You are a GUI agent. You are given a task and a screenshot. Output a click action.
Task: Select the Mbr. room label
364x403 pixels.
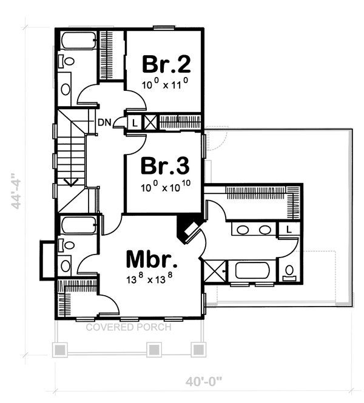152,259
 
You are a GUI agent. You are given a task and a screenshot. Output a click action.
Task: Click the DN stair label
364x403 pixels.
104,122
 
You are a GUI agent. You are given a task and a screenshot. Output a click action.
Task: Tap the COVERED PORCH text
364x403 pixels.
128,327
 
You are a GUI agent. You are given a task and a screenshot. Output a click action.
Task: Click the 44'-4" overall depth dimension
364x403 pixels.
19,191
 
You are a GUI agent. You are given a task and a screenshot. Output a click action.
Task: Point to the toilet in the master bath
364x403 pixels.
290,271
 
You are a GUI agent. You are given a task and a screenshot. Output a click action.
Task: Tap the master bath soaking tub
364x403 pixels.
251,270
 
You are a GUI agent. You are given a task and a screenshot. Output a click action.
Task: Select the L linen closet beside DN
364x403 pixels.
134,122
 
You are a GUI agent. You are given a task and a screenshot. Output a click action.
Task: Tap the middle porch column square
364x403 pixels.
154,350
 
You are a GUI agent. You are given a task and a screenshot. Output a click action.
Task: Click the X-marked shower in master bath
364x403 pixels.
214,271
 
